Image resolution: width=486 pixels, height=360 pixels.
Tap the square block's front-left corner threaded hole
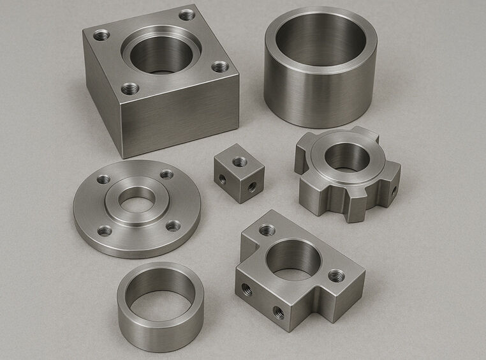click(129, 88)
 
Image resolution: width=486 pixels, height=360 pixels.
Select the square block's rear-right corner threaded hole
click(186, 14)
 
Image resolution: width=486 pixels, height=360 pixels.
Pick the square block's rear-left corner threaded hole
click(101, 35)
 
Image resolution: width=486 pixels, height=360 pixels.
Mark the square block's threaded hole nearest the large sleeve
click(220, 66)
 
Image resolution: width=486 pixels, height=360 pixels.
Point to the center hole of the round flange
click(138, 200)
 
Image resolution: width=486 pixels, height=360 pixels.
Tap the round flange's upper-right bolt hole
click(166, 174)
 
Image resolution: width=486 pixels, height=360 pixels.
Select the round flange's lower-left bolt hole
click(105, 230)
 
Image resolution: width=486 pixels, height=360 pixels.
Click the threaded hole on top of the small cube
click(239, 161)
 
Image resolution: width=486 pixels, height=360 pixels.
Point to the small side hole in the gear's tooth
click(393, 190)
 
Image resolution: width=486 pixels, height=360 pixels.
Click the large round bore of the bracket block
click(293, 259)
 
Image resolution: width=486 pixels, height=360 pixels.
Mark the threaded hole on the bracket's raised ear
click(267, 230)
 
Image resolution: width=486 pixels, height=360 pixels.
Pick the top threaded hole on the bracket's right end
click(336, 276)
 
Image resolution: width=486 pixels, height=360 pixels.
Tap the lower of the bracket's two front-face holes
click(278, 312)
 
